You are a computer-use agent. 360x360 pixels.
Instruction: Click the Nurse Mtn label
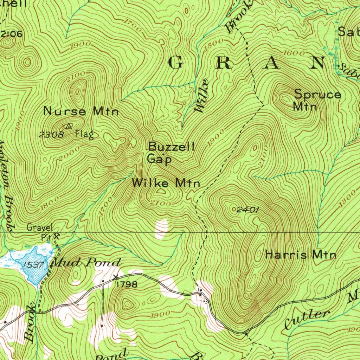81,112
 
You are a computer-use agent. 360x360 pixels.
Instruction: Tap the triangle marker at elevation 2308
69,126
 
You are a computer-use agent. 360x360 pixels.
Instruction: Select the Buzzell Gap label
171,153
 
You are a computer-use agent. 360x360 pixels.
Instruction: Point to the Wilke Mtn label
166,183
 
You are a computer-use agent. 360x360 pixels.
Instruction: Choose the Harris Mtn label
300,255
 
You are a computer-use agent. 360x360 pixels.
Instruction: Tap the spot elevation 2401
247,210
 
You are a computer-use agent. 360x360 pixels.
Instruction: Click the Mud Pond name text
86,262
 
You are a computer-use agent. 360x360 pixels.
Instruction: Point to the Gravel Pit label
40,232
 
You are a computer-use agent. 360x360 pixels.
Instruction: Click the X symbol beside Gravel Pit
56,237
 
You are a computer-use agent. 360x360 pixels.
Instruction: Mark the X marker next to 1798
116,277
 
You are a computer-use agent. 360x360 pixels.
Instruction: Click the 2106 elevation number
12,34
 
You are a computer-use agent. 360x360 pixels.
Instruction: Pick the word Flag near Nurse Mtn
84,134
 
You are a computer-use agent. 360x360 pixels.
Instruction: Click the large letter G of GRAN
175,63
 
